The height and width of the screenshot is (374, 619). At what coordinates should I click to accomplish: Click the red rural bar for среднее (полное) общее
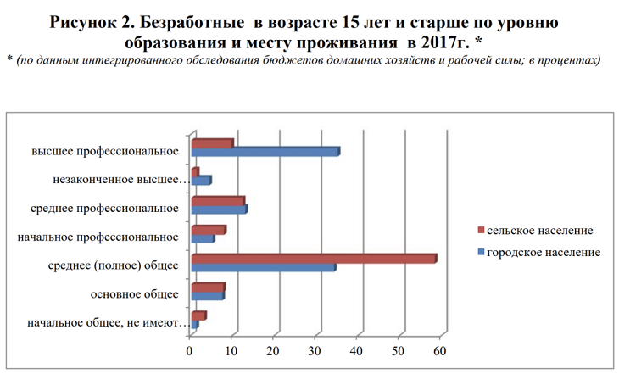coord(314,259)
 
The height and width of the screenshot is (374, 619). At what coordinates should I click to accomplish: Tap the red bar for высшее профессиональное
coord(212,143)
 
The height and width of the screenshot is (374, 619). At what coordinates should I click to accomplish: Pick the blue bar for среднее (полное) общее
coord(263,268)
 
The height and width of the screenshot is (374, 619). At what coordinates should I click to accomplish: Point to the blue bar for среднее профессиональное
coord(219,209)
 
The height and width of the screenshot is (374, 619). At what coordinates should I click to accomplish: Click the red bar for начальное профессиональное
coord(209,230)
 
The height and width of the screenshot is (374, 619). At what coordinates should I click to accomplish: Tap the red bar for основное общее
coord(208,287)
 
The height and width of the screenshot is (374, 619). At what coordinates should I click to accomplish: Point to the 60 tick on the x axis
coord(439,349)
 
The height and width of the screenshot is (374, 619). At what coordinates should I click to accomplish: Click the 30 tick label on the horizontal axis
coord(315,349)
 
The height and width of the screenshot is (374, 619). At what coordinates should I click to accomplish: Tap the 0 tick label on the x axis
coord(191,349)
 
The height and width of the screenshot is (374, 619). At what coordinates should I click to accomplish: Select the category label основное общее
coord(134,294)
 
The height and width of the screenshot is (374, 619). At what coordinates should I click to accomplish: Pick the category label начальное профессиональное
coord(98,237)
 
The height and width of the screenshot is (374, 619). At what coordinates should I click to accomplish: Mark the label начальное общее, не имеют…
coord(105,323)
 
